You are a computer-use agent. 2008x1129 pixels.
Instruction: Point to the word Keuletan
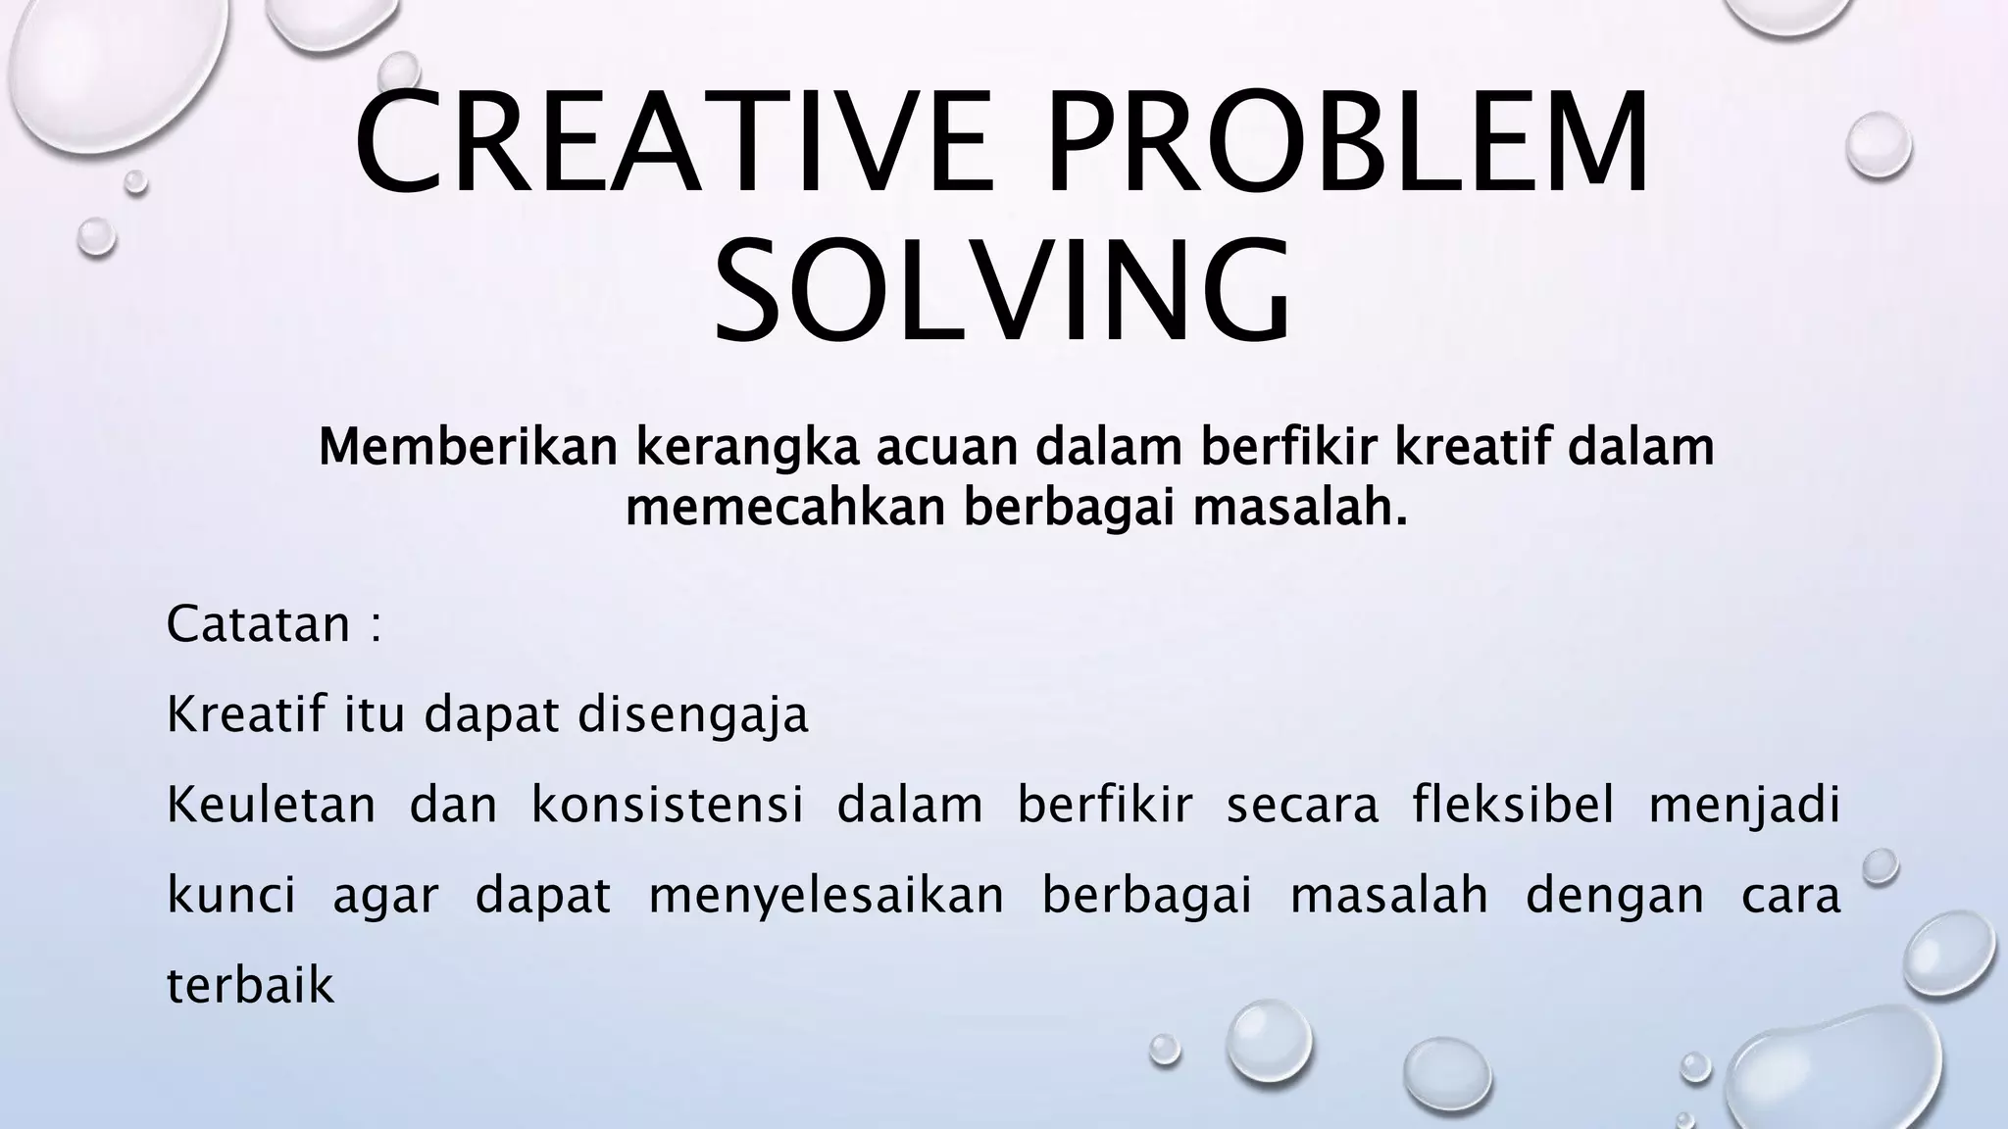[272, 805]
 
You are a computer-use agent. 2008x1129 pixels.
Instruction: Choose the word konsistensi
[668, 805]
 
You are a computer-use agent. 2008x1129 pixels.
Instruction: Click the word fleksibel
[1513, 805]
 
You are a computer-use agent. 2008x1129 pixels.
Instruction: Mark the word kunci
[231, 895]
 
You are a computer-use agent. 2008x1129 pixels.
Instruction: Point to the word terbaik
[251, 985]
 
